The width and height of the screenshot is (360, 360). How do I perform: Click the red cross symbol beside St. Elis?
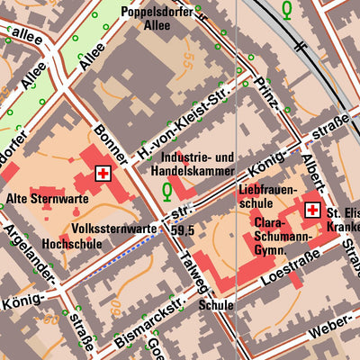pos(313,210)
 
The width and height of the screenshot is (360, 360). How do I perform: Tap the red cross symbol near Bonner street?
pos(104,173)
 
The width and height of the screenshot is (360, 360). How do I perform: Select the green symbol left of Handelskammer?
pos(167,191)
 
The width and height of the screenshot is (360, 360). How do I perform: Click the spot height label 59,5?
pos(185,230)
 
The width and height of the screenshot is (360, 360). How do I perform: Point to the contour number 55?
pos(187,61)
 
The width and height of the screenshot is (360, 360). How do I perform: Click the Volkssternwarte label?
pos(114,229)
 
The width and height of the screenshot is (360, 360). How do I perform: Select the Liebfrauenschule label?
pos(266,199)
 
